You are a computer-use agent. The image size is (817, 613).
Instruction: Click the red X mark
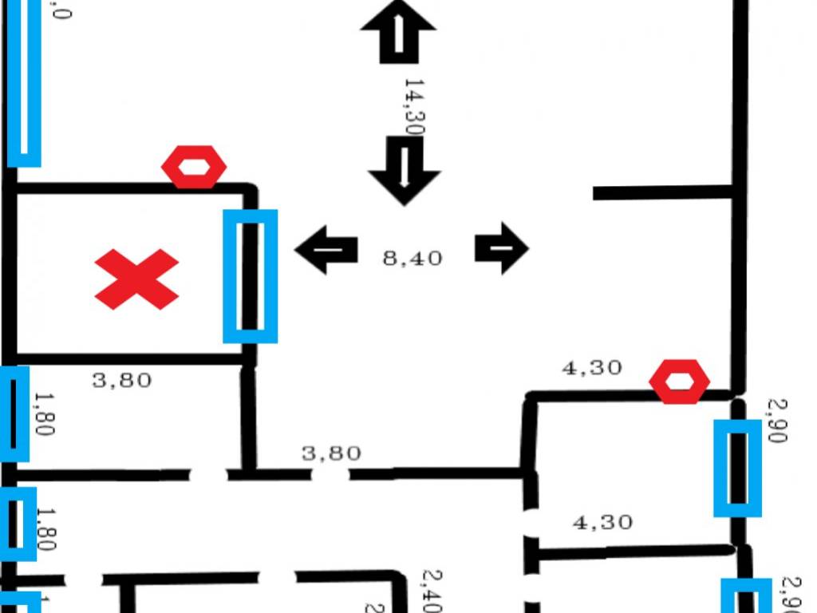click(136, 279)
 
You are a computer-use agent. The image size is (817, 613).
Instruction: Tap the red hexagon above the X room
click(194, 167)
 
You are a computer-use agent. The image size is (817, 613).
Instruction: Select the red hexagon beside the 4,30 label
click(680, 381)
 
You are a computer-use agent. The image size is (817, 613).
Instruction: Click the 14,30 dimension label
click(413, 106)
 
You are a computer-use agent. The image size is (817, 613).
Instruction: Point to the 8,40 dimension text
click(412, 258)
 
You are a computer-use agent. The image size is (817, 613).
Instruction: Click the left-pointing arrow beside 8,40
click(326, 249)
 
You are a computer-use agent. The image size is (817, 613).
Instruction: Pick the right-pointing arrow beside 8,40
click(501, 248)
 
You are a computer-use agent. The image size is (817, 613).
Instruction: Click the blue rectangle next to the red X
click(250, 276)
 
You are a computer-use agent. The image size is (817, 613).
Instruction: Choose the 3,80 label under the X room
click(121, 380)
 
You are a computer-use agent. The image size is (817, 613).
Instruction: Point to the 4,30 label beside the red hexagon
click(592, 368)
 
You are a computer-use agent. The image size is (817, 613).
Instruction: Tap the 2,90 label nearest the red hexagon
click(777, 421)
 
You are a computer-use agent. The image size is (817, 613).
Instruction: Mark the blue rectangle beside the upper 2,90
click(737, 468)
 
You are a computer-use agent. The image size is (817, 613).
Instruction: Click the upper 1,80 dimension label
click(44, 413)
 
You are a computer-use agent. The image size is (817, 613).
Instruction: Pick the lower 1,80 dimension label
click(45, 529)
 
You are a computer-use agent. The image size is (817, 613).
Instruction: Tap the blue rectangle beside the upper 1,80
click(14, 413)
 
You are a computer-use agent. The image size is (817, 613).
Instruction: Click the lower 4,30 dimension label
click(602, 522)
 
